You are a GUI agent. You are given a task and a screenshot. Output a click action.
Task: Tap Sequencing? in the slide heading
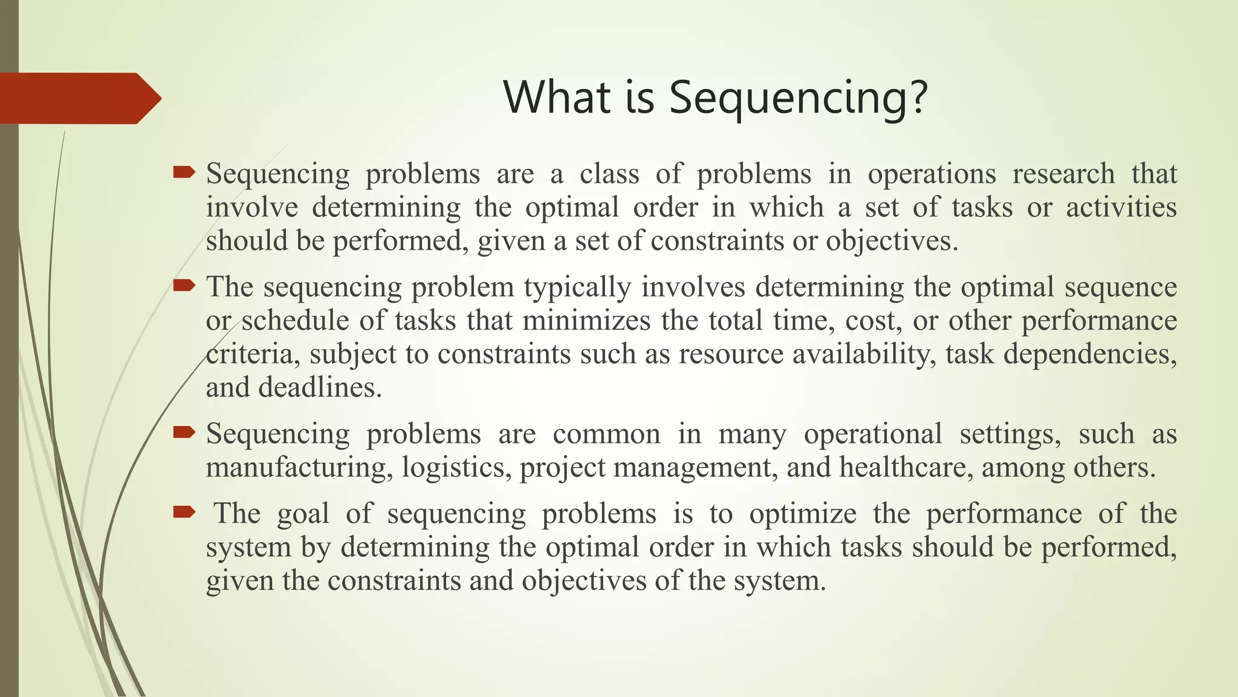click(798, 99)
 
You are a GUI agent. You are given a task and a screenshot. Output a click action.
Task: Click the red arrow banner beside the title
click(79, 99)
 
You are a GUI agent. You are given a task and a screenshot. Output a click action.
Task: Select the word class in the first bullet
click(609, 174)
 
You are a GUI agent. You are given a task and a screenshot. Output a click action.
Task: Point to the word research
click(1063, 174)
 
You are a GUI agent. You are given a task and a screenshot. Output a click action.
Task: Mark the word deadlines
click(320, 388)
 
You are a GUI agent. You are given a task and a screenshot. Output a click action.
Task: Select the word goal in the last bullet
click(303, 514)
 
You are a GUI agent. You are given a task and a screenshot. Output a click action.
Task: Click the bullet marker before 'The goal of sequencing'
click(184, 512)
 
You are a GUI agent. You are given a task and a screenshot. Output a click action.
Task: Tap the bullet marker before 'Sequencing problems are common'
click(184, 432)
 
